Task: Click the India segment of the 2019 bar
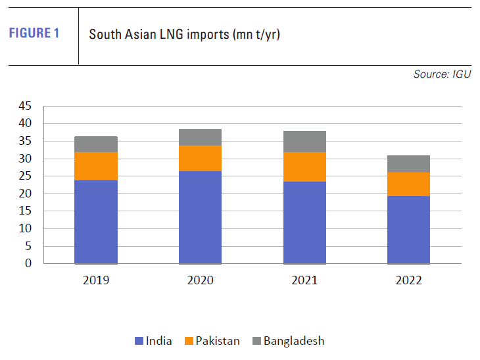[x=95, y=222]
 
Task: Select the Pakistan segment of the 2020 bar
[x=200, y=159]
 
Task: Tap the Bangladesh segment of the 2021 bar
[x=304, y=141]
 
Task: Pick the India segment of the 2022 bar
[x=408, y=230]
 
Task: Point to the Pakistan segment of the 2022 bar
[x=408, y=184]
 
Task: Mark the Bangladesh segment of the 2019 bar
[x=95, y=144]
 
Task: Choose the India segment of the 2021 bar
[x=304, y=222]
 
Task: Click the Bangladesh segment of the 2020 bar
[x=200, y=138]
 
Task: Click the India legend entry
[x=153, y=341]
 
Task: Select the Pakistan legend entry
[x=212, y=341]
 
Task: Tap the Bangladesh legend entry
[x=287, y=341]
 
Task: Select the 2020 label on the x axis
[x=200, y=280]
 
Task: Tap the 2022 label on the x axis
[x=408, y=280]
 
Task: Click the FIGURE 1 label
[x=34, y=34]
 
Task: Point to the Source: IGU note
[x=442, y=74]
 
